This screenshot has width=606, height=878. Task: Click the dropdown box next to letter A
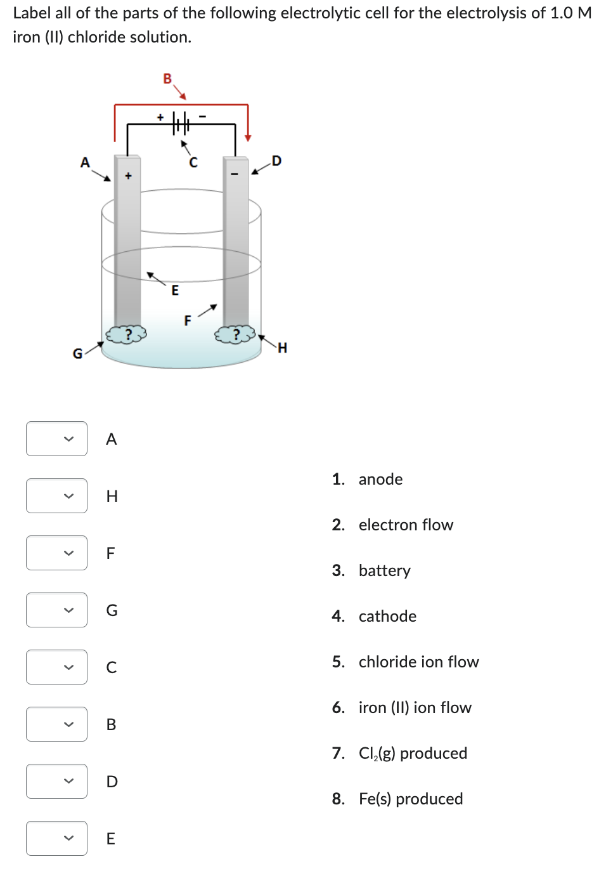[56, 439]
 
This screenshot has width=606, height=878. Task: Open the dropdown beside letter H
[56, 496]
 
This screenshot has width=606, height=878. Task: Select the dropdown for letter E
[56, 839]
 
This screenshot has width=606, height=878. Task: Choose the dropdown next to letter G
[56, 610]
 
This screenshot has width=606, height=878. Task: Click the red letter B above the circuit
[167, 79]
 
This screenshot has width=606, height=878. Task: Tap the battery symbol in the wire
[181, 123]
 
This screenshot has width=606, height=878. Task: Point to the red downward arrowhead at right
[248, 136]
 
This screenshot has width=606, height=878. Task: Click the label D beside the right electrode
[276, 161]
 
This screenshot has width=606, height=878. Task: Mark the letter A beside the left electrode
[85, 162]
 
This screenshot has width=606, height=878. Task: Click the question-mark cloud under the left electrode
[126, 334]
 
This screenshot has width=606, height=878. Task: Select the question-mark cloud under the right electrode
[236, 334]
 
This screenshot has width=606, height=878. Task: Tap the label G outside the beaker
[77, 354]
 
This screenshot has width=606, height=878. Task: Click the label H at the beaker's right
[282, 348]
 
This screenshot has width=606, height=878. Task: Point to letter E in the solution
[175, 291]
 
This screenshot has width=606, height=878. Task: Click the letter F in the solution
[188, 321]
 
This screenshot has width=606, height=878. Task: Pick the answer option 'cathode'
[387, 617]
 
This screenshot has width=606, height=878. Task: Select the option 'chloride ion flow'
[418, 662]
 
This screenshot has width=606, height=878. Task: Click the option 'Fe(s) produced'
[410, 799]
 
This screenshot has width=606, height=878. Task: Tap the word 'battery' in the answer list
[384, 571]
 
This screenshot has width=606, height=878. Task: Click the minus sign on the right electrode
[235, 174]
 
